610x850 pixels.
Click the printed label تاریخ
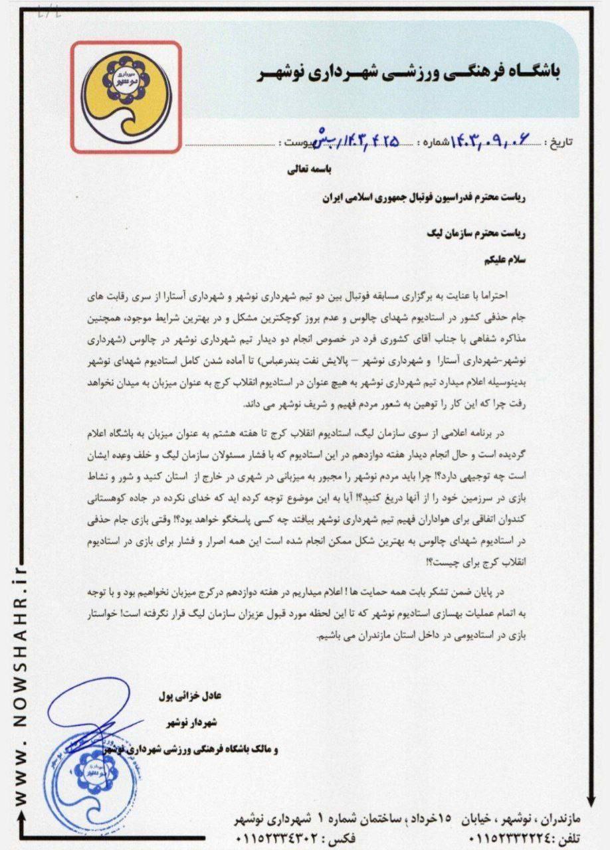coord(559,142)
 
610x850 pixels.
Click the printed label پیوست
coord(293,142)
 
